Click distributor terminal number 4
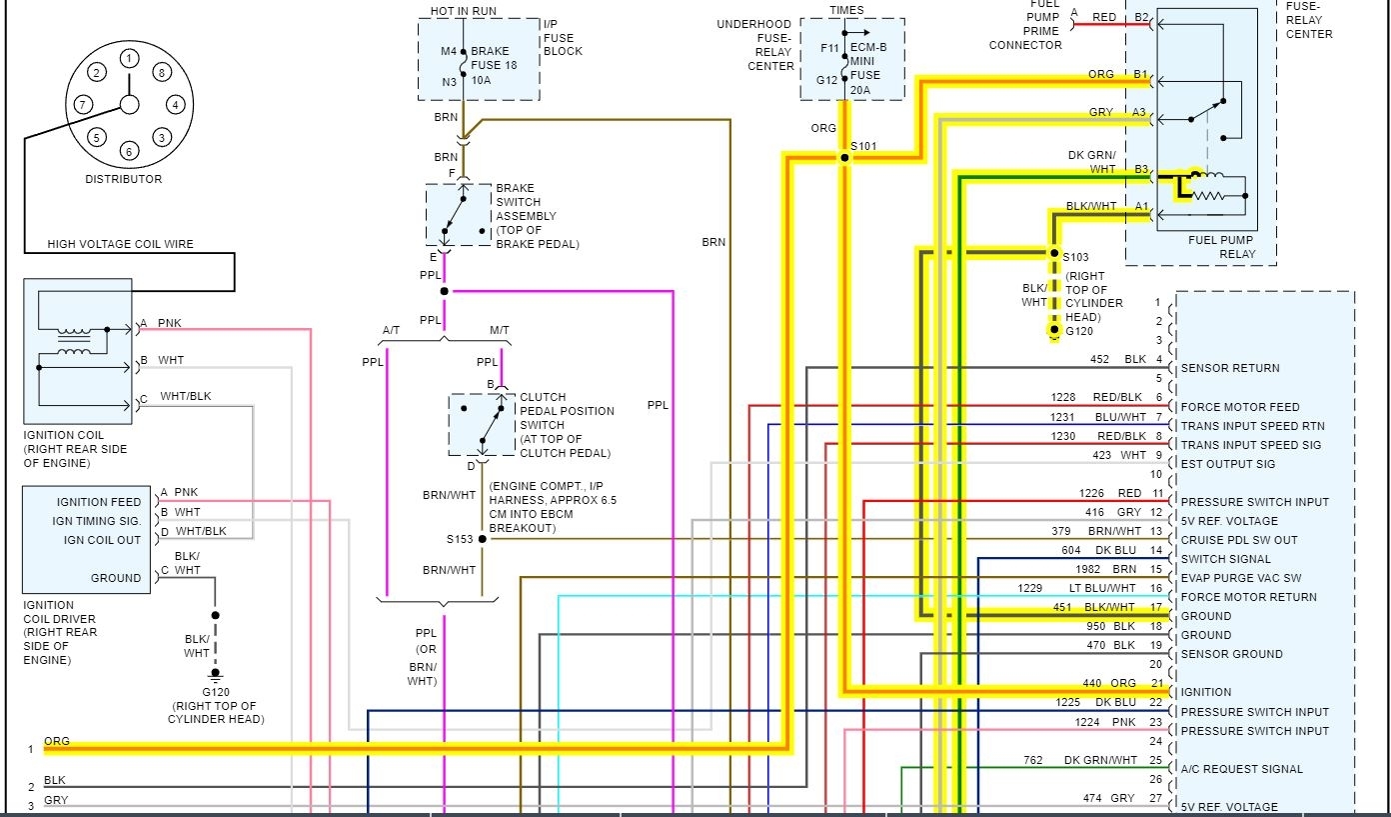(175, 104)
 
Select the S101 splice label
(863, 147)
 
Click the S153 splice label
(460, 539)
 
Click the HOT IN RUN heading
(463, 11)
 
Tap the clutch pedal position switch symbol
(481, 424)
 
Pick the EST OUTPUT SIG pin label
(1228, 464)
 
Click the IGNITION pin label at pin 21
(1206, 692)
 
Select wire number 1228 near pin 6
(1063, 398)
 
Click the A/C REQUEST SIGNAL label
(1241, 769)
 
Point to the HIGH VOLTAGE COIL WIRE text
(120, 244)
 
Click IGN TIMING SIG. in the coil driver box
(97, 521)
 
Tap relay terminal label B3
(1141, 170)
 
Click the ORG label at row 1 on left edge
(57, 741)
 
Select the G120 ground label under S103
(1078, 330)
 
